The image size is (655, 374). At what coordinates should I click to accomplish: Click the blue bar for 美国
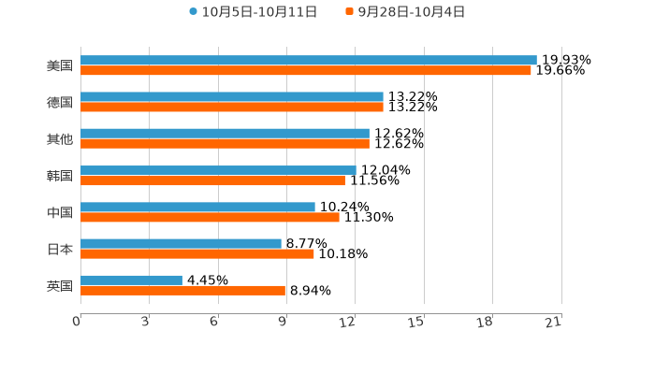coord(309,61)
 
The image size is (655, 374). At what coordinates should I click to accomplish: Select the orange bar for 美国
coord(306,71)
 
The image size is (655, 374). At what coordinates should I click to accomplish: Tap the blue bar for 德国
coord(232,97)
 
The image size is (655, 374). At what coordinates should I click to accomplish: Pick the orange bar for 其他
coord(225,144)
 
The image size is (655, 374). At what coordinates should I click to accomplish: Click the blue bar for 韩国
coord(218,170)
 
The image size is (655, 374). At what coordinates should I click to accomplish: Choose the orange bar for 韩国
coord(212,180)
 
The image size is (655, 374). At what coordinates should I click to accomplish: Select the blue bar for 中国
coord(197,207)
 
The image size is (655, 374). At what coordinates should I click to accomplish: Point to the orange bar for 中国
coord(210,217)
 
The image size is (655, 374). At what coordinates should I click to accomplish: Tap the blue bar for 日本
coord(181,243)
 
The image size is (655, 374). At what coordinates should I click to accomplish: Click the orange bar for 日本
coord(197,253)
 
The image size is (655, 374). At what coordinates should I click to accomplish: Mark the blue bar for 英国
coord(131,280)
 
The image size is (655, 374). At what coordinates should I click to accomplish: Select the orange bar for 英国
coord(182,290)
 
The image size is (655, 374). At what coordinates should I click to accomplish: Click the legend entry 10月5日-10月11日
coord(254,12)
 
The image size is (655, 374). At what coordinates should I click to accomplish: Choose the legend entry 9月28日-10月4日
coord(406,12)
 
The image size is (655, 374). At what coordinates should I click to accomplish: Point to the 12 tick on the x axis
coord(348,322)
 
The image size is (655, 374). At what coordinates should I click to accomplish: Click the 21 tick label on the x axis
coord(554,322)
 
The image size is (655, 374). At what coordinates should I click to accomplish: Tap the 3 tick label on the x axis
coord(146,322)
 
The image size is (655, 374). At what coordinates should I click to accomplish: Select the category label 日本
coord(60,249)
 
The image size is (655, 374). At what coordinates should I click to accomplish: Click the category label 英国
coord(60,285)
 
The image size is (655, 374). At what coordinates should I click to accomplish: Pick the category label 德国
coord(60,102)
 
